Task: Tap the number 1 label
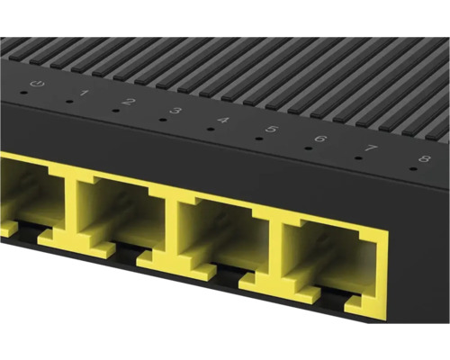[x=84, y=94]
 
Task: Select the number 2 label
[x=129, y=102]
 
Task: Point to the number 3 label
[x=175, y=111]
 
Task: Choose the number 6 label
[x=319, y=139]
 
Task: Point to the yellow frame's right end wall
[x=382, y=270]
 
